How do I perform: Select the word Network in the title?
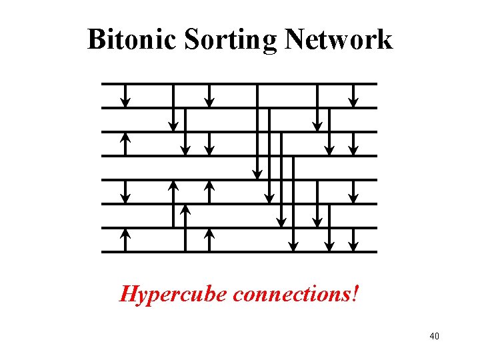pyautogui.click(x=339, y=39)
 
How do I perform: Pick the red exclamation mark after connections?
pyautogui.click(x=355, y=293)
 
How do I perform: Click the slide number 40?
pyautogui.click(x=434, y=336)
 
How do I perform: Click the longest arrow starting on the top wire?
pyautogui.click(x=257, y=131)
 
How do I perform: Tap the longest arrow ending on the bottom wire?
pyautogui.click(x=293, y=203)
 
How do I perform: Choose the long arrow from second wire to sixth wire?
pyautogui.click(x=269, y=155)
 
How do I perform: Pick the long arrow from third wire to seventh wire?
pyautogui.click(x=281, y=179)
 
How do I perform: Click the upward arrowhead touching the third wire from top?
pyautogui.click(x=125, y=137)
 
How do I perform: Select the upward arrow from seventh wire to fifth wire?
pyautogui.click(x=173, y=203)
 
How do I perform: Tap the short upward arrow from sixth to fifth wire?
pyautogui.click(x=209, y=191)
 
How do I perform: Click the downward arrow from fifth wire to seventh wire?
pyautogui.click(x=317, y=203)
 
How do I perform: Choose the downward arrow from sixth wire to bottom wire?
pyautogui.click(x=329, y=227)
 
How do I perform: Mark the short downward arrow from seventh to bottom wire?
pyautogui.click(x=354, y=239)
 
